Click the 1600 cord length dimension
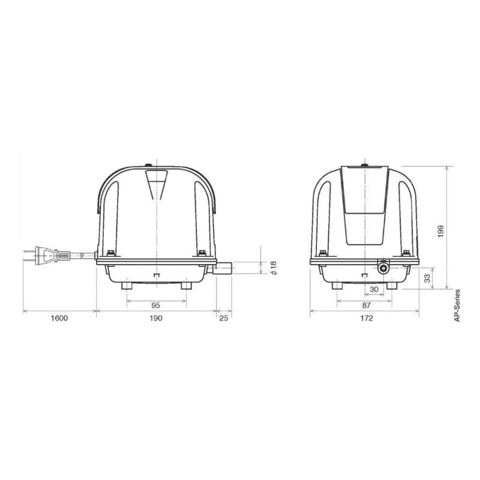tap(59, 318)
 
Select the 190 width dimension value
tap(156, 318)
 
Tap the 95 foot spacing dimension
tap(156, 305)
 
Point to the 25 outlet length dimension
tap(224, 318)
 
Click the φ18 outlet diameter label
tap(274, 268)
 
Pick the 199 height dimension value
tap(440, 232)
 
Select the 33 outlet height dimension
tap(427, 278)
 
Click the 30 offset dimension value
tap(374, 289)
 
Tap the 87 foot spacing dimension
tap(367, 305)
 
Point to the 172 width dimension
tap(367, 318)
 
